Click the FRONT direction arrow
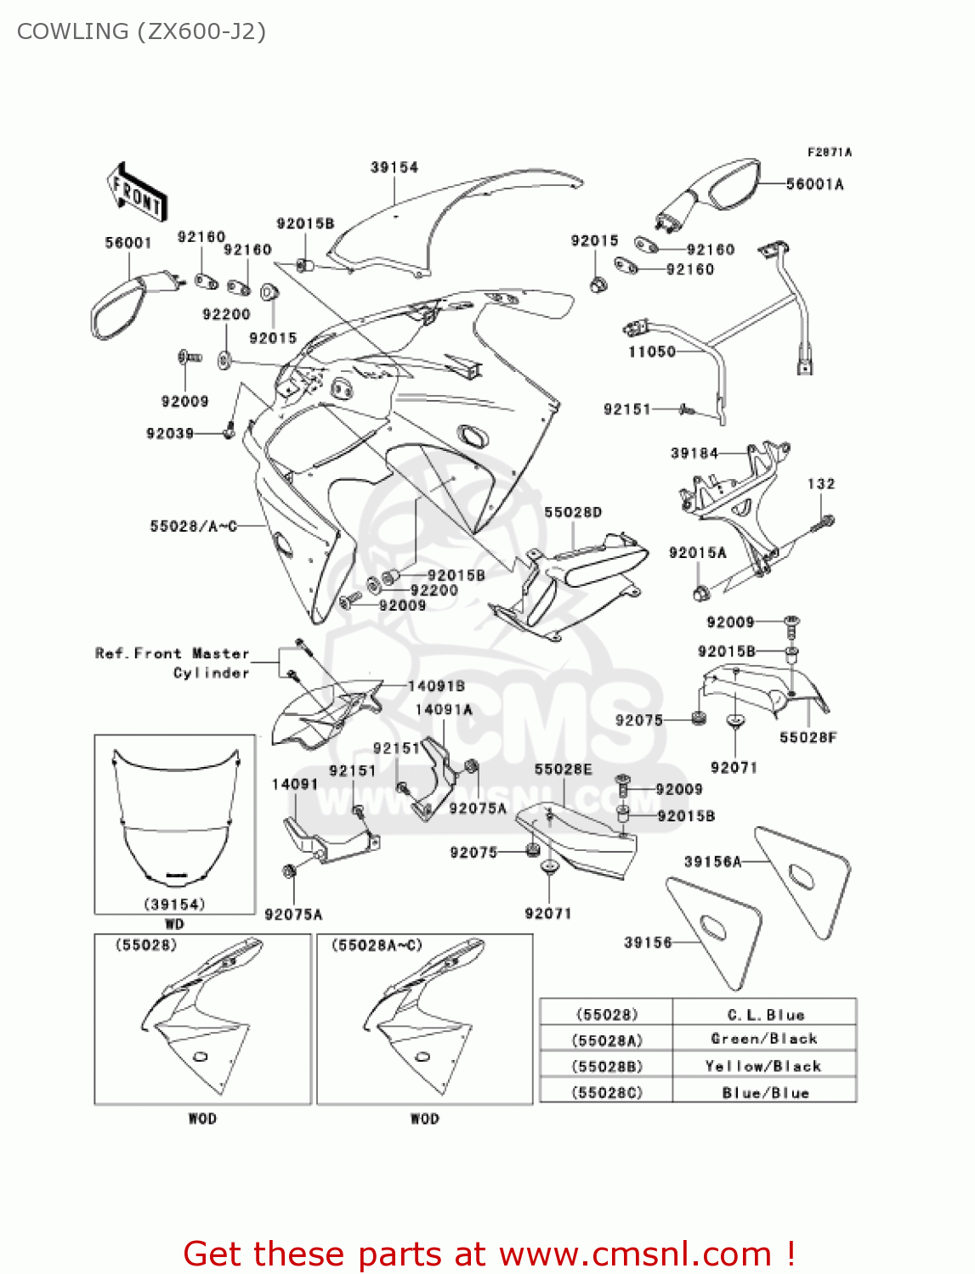coord(136,193)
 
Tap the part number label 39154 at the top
coord(394,167)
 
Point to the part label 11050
coord(651,351)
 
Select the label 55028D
coord(573,512)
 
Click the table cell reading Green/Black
coord(764,1039)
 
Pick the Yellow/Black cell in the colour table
coord(764,1066)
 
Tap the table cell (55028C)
coord(607,1092)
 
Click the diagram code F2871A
coord(829,152)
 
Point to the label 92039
coord(170,433)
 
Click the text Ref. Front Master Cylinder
coord(173,662)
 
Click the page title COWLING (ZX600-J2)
coord(141,31)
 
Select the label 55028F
coord(808,737)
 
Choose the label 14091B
coord(436,685)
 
